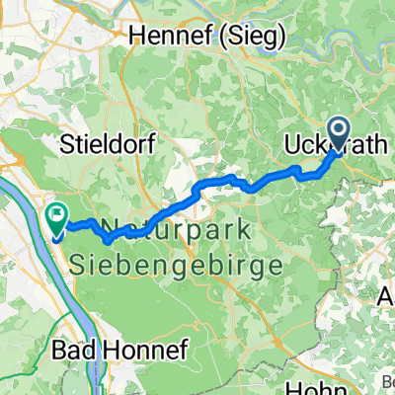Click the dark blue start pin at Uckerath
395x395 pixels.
click(338, 133)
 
